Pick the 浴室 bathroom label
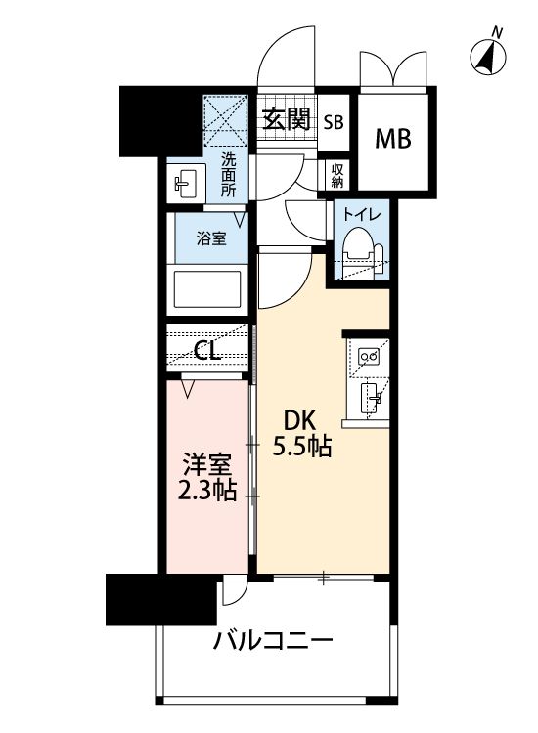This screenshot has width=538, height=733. (207, 238)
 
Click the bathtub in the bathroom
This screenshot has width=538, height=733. (206, 289)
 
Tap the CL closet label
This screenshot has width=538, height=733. (206, 351)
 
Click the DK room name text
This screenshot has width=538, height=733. (299, 420)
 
